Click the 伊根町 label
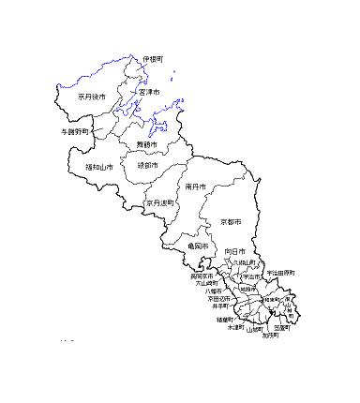(153, 59)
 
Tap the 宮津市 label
(149, 92)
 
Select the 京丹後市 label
(92, 97)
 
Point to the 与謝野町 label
(75, 132)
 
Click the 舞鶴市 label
(148, 144)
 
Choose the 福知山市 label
(98, 167)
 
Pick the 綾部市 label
(148, 165)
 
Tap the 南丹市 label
(197, 187)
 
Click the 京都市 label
(231, 222)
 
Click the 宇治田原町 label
(280, 273)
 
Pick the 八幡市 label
(214, 291)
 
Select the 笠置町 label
(281, 328)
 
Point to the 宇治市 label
(251, 277)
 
